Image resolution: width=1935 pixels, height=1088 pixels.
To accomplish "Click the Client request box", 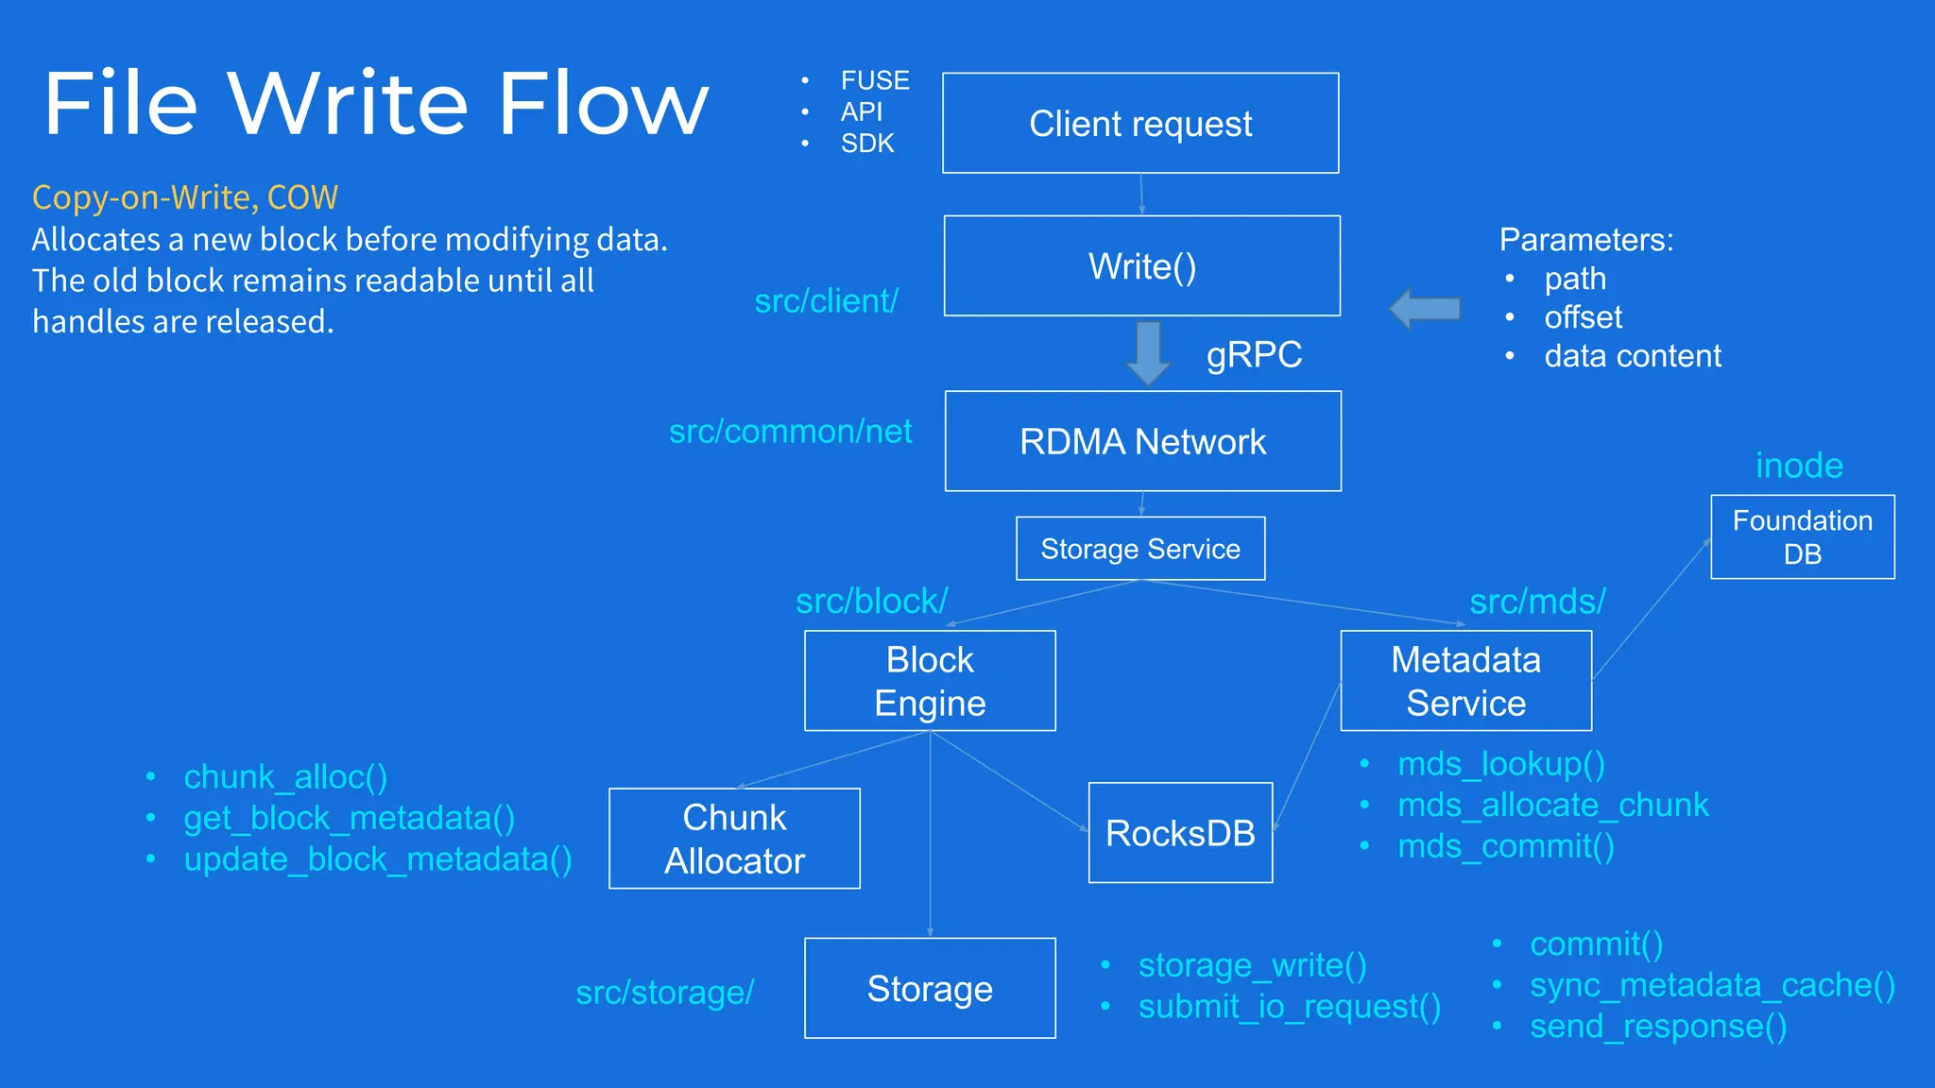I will tap(1140, 124).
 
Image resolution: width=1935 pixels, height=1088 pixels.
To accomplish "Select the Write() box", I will tap(1141, 266).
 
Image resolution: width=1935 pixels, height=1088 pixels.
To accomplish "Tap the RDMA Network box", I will tap(1142, 442).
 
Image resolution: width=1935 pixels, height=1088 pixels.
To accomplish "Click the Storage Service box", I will tap(1140, 549).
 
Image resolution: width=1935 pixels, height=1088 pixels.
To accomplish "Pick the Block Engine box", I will tap(930, 681).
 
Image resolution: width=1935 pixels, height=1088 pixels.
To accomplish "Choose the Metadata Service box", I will tap(1465, 681).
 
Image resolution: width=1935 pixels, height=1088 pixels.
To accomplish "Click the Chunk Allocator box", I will tap(734, 839).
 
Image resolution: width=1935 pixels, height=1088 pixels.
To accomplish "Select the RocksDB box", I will tap(1180, 833).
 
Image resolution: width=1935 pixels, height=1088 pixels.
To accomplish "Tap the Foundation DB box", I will tap(1802, 537).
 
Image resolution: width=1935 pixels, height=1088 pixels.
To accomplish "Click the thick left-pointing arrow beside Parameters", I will tap(1425, 308).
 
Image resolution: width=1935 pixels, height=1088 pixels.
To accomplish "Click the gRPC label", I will tap(1254, 355).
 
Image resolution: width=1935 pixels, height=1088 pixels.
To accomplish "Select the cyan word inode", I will tap(1799, 466).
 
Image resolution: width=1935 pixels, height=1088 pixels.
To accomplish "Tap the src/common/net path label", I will tap(790, 432).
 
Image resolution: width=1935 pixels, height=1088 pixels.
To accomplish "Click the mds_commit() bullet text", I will tap(1505, 846).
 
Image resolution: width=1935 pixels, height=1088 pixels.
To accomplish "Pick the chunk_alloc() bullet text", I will tap(285, 777).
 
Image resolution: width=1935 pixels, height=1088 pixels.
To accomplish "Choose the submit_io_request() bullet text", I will tap(1289, 1007).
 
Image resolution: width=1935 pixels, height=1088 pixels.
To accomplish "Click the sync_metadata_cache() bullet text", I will tap(1712, 985).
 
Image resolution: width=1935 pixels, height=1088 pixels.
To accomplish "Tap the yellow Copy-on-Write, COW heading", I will tap(185, 197).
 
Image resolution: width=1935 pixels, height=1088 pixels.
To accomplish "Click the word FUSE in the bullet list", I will tap(875, 80).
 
